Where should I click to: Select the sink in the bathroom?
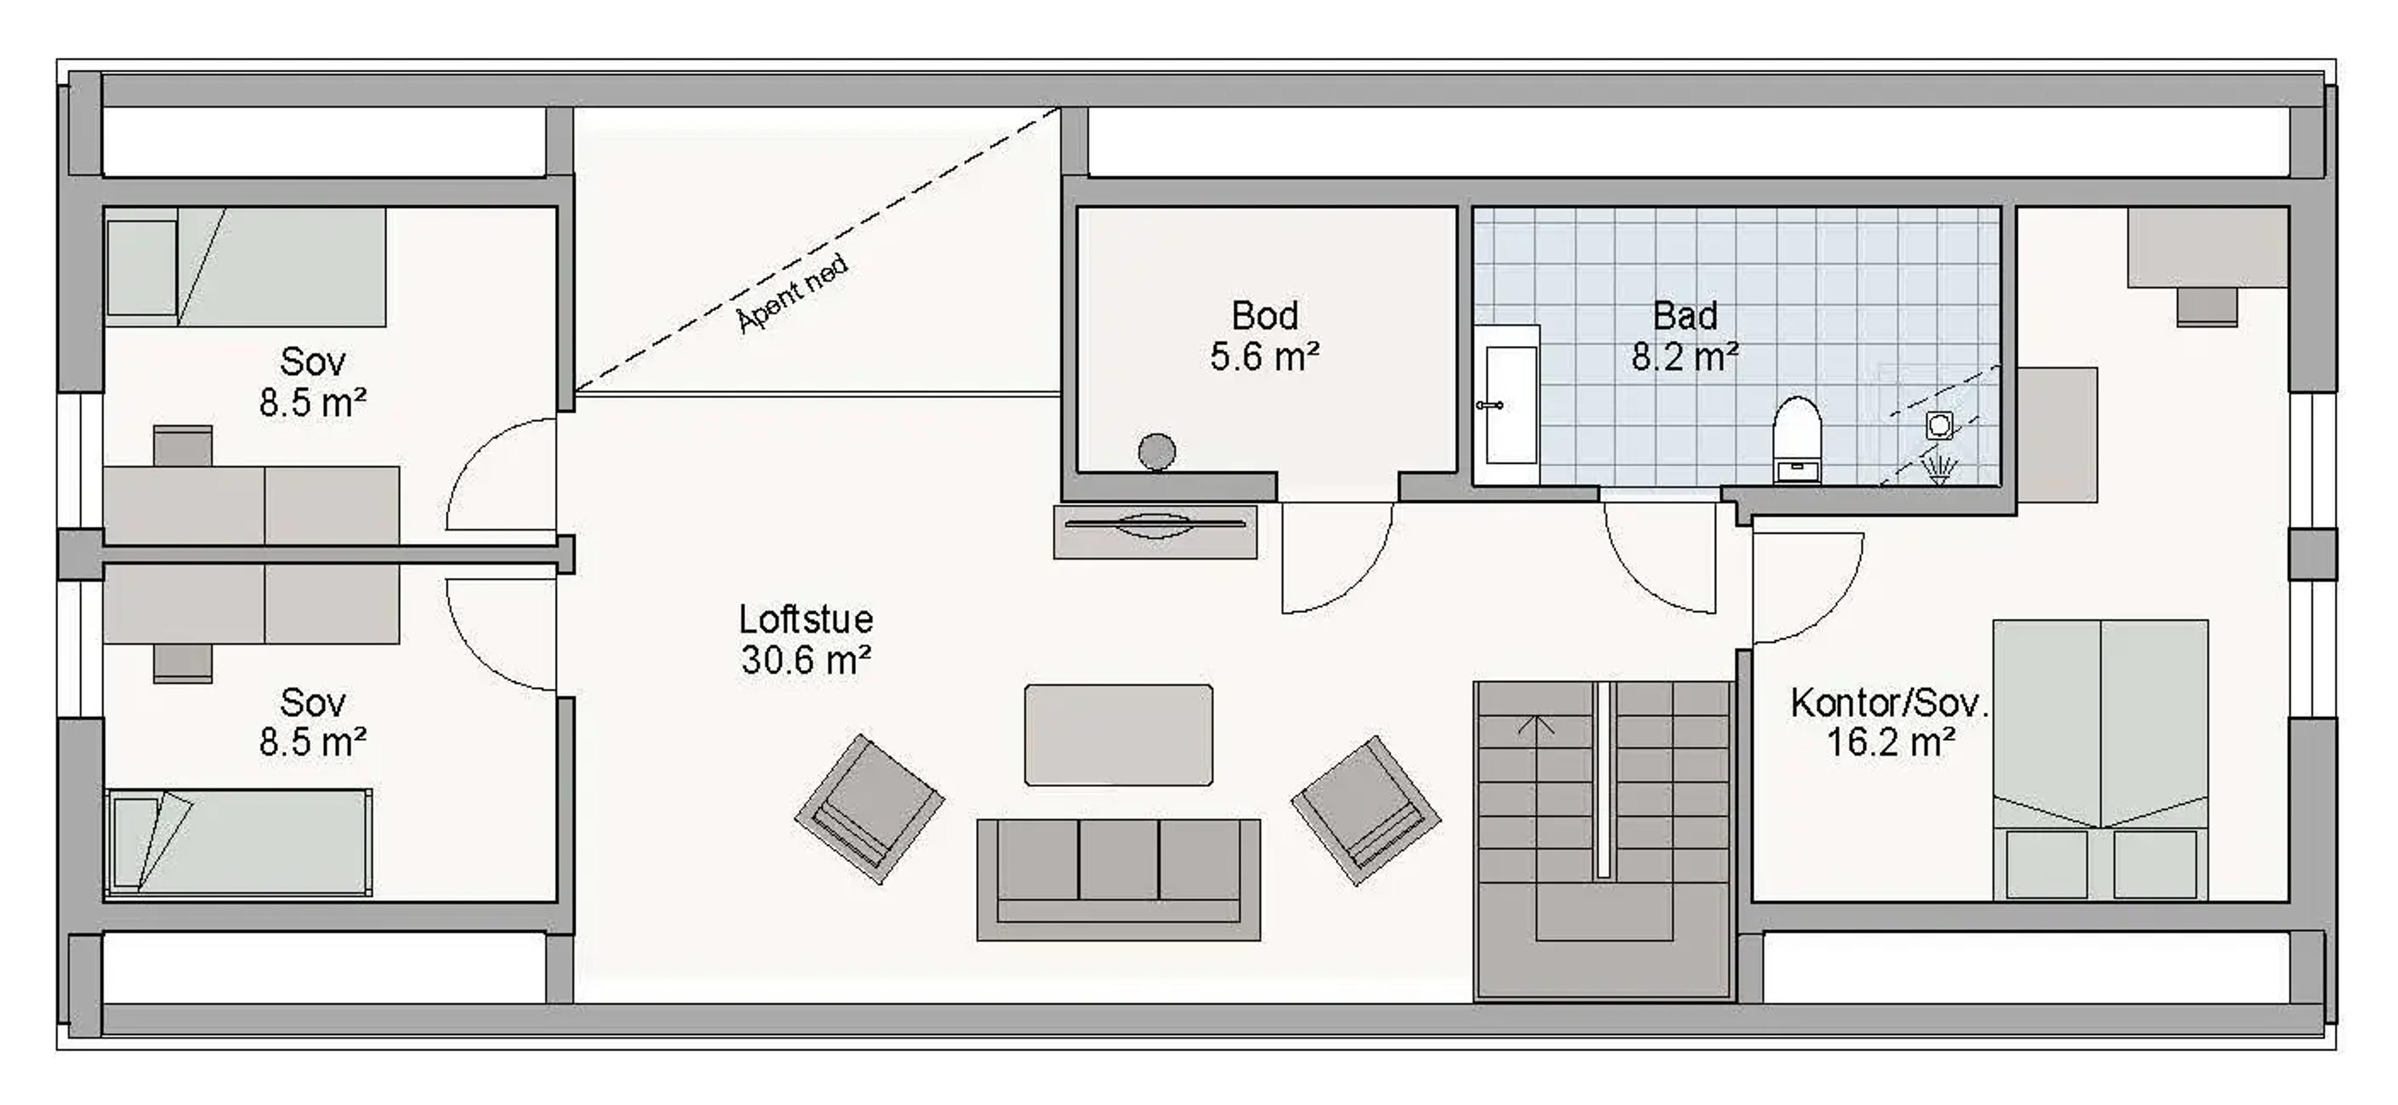click(1510, 404)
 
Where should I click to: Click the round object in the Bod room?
click(1156, 452)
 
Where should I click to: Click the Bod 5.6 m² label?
click(1264, 336)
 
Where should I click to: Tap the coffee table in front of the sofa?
click(1118, 735)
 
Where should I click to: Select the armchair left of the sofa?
click(869, 808)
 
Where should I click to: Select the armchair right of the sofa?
click(1366, 810)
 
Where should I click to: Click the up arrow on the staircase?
click(1536, 724)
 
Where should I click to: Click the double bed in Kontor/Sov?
click(2100, 759)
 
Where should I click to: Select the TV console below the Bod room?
click(1154, 532)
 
